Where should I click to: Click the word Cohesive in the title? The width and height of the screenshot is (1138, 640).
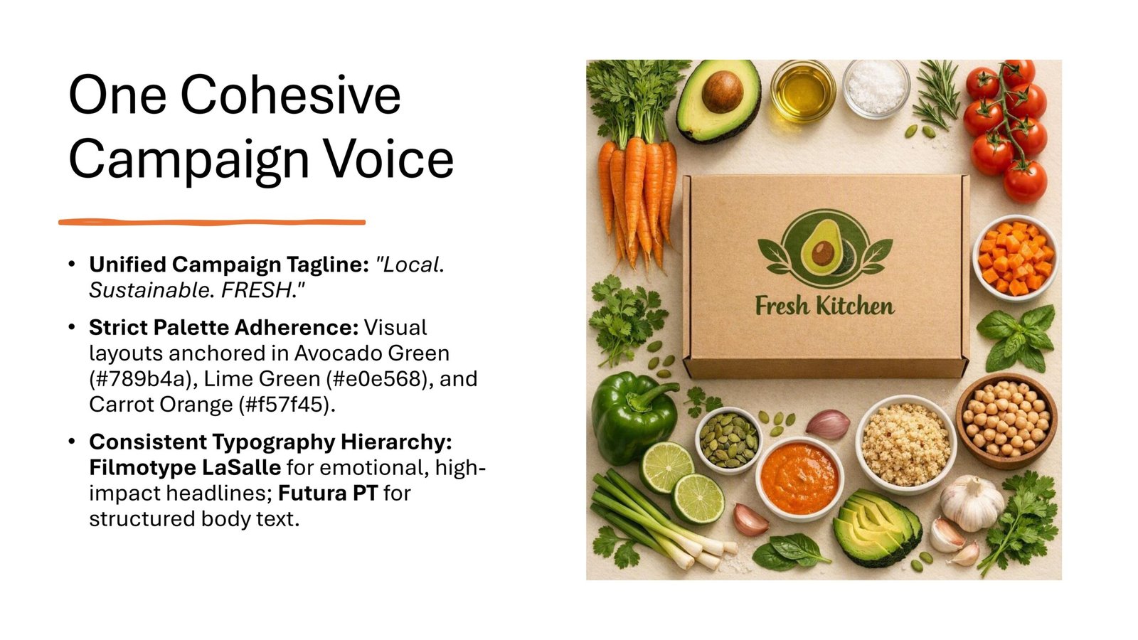click(x=291, y=95)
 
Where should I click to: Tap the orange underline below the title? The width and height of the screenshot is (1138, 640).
click(x=212, y=222)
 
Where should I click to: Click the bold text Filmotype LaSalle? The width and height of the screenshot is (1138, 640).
click(x=185, y=467)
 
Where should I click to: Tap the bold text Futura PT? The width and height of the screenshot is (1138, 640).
click(x=328, y=494)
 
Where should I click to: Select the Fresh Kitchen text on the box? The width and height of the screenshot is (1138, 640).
click(x=824, y=306)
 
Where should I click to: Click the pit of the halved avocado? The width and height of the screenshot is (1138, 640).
click(x=722, y=92)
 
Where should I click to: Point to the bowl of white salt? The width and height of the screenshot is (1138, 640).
click(x=876, y=89)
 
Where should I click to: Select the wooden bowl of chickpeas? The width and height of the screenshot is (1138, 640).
click(x=1006, y=420)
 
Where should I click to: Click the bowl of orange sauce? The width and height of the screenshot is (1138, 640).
click(x=799, y=479)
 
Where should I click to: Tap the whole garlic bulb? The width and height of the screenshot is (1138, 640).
click(x=972, y=503)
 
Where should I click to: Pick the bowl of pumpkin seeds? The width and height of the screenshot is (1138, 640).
click(x=728, y=440)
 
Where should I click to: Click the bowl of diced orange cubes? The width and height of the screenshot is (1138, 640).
click(x=1015, y=258)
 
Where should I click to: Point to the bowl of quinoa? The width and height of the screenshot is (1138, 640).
click(x=906, y=444)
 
